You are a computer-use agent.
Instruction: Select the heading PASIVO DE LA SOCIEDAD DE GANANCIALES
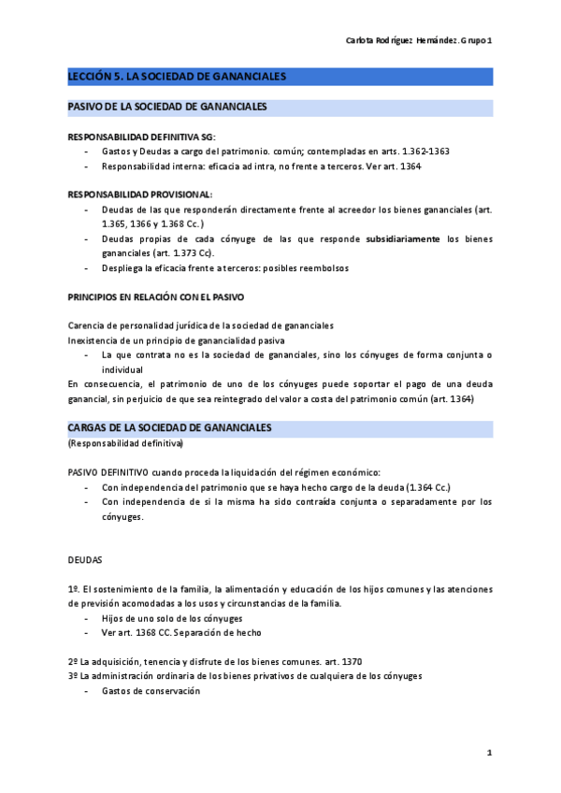(x=167, y=108)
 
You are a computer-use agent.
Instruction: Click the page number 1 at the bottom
(x=489, y=753)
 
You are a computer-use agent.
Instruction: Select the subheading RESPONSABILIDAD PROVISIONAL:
(x=139, y=194)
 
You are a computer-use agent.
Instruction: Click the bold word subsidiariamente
(x=403, y=239)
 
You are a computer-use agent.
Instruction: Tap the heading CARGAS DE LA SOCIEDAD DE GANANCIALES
(x=169, y=427)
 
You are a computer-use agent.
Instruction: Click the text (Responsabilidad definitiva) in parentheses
(x=125, y=442)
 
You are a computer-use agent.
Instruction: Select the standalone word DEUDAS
(x=85, y=560)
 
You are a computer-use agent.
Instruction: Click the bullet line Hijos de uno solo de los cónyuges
(x=172, y=618)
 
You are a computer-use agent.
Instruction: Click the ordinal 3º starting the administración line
(x=73, y=675)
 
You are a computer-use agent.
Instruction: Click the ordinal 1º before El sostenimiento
(x=73, y=589)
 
